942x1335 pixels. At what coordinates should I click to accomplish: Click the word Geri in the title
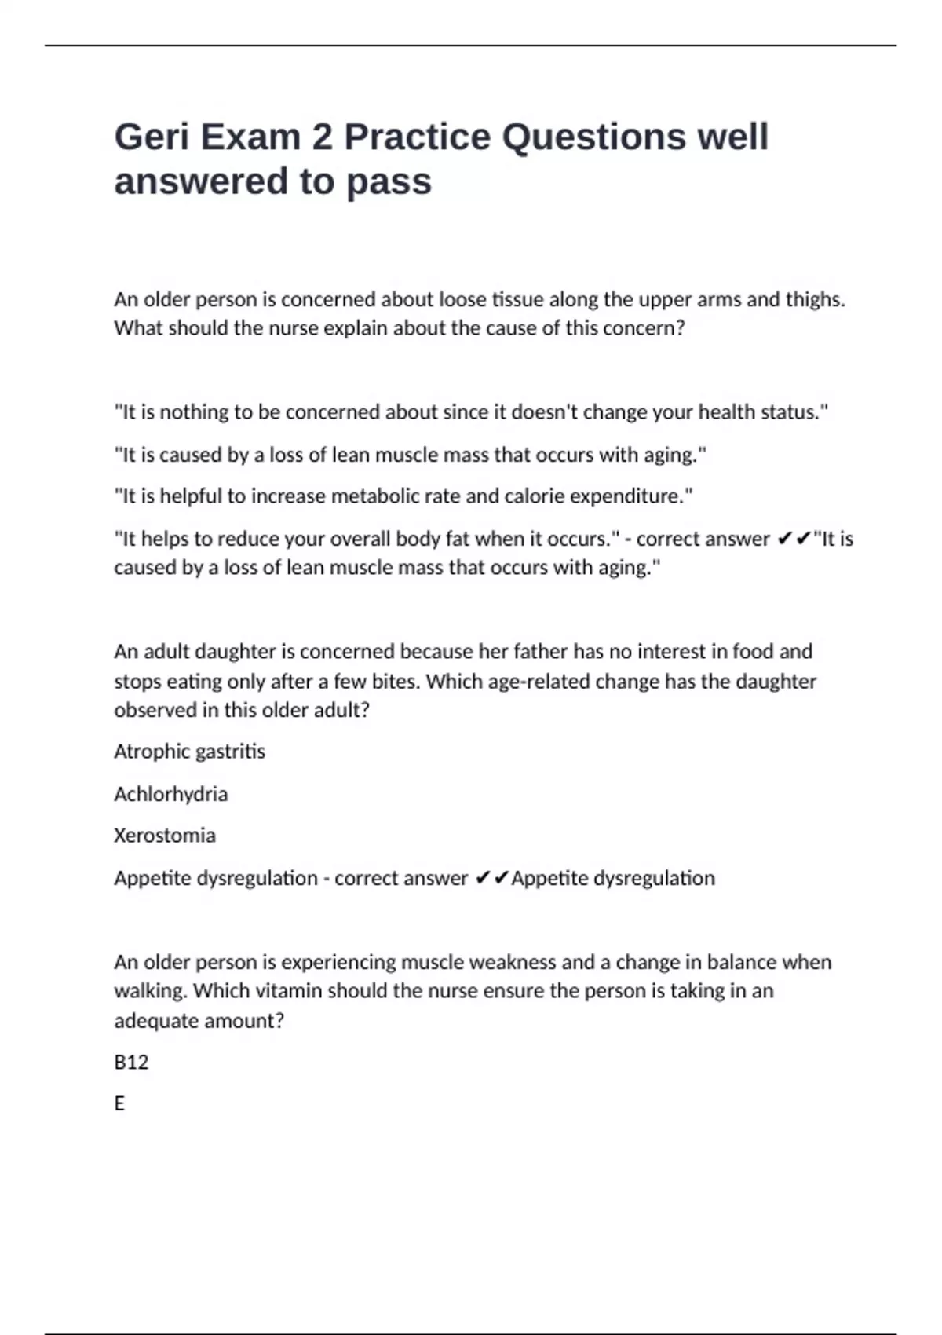pyautogui.click(x=152, y=137)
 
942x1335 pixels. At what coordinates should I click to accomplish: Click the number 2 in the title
pyautogui.click(x=322, y=137)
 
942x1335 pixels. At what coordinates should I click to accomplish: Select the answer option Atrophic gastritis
pyautogui.click(x=189, y=752)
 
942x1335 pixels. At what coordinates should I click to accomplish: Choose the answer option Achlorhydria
pyautogui.click(x=170, y=794)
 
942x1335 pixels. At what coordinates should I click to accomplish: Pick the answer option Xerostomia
pyautogui.click(x=164, y=836)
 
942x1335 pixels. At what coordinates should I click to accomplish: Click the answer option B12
pyautogui.click(x=131, y=1063)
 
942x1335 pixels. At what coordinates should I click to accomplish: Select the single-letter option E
pyautogui.click(x=119, y=1104)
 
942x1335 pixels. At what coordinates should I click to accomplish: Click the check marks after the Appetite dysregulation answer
pyautogui.click(x=492, y=878)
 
